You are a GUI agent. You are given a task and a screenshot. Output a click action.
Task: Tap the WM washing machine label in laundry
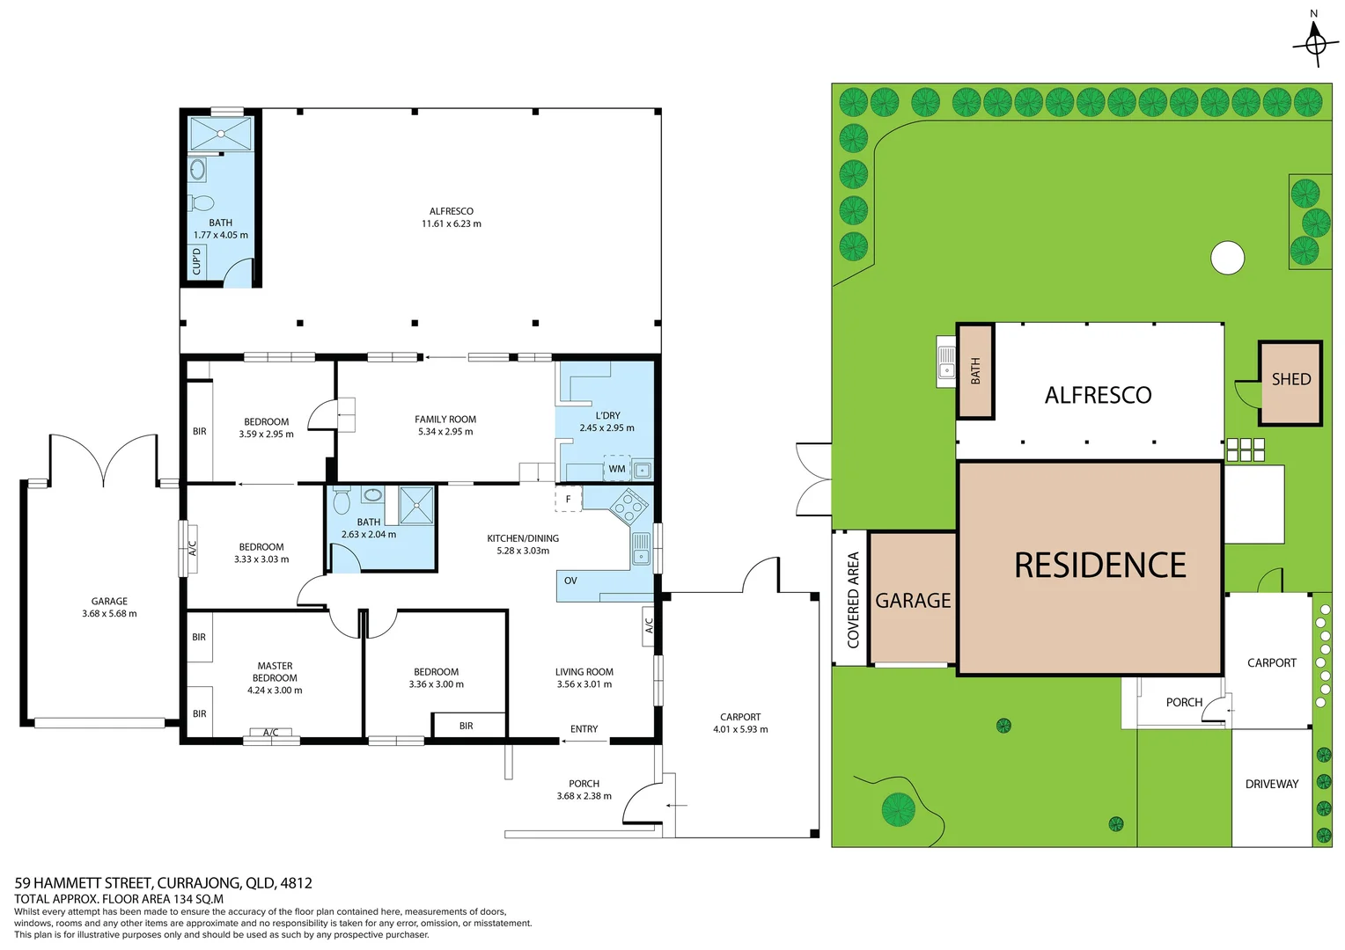617,469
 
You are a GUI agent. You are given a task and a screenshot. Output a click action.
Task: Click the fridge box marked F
568,499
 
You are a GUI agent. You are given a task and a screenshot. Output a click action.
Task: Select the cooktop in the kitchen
629,507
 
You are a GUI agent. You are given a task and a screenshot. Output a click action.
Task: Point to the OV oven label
570,581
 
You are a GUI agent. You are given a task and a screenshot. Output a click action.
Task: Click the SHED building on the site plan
1290,383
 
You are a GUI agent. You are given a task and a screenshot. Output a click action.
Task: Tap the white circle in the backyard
1227,258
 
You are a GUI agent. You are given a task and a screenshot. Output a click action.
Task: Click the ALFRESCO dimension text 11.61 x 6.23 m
451,224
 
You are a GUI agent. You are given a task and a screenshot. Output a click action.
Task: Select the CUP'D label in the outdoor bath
197,261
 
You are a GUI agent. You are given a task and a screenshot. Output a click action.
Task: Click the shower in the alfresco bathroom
221,134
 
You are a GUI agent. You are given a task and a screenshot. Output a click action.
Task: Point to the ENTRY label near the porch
584,729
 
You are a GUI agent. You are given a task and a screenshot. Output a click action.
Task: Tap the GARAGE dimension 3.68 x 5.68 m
109,614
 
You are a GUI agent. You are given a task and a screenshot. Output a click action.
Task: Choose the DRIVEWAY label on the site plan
1271,784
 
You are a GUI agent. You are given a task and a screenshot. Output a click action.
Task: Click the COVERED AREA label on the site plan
852,600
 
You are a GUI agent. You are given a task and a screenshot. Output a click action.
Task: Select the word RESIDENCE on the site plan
1099,566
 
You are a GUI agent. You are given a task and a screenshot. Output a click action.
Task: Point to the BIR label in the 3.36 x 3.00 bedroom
466,726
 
